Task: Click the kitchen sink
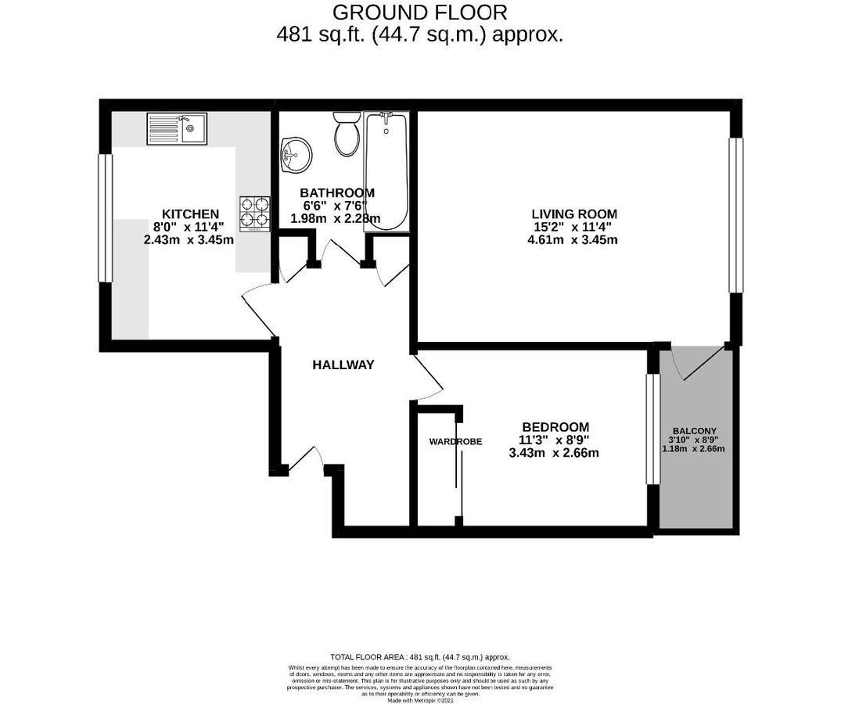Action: [177, 129]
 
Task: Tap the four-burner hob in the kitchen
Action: [254, 213]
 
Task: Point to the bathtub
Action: [386, 171]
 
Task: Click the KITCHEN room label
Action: [190, 214]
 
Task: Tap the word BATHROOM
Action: [337, 192]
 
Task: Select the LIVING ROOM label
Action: [574, 214]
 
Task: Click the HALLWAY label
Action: [343, 365]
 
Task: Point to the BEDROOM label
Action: [555, 426]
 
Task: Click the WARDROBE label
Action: [455, 441]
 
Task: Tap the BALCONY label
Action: [695, 432]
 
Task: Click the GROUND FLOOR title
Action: [420, 13]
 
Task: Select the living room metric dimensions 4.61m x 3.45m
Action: [573, 240]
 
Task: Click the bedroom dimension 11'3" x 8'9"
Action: [555, 440]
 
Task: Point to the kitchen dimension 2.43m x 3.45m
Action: [189, 240]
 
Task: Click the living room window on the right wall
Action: [736, 215]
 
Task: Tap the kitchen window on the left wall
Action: [105, 217]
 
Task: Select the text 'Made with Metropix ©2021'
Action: [419, 701]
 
